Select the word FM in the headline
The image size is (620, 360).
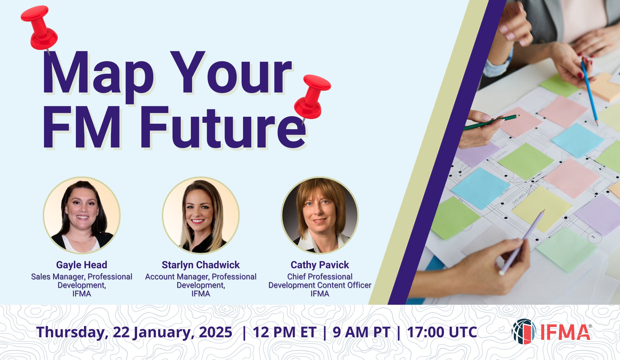click(x=81, y=128)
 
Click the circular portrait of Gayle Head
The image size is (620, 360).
click(x=82, y=215)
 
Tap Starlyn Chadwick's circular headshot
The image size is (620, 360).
click(x=201, y=215)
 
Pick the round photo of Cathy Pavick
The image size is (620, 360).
click(x=320, y=215)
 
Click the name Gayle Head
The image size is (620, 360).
click(x=82, y=265)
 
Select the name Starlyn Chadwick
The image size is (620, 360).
click(x=201, y=265)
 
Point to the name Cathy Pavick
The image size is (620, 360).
click(x=320, y=265)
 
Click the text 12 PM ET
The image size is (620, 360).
click(x=284, y=332)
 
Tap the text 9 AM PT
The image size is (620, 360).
click(x=361, y=332)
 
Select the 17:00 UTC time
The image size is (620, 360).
click(x=442, y=332)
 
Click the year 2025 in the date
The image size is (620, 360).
click(x=215, y=332)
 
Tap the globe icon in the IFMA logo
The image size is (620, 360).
click(x=524, y=331)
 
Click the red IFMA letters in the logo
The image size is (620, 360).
click(x=565, y=332)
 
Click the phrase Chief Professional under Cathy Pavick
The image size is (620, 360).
click(x=320, y=277)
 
